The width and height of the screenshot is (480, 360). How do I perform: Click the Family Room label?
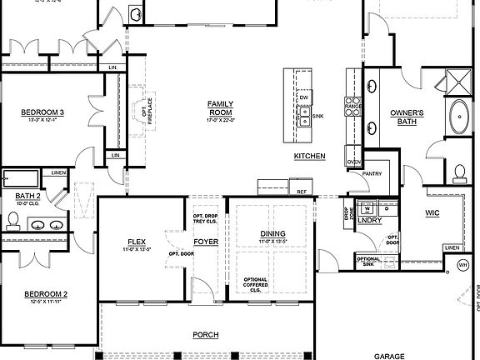click(220, 107)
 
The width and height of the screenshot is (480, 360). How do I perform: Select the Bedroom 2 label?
click(45, 293)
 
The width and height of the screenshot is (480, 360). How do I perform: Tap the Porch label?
click(205, 334)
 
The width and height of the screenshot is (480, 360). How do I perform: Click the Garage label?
click(389, 355)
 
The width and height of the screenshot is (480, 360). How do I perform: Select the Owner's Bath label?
click(407, 117)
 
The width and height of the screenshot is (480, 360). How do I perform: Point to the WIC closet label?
click(432, 213)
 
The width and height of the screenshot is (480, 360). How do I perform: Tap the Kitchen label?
click(309, 157)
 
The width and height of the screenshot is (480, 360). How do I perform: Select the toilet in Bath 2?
click(13, 220)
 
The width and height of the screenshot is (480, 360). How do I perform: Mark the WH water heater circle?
click(463, 266)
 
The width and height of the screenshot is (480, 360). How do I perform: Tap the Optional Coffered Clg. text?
click(256, 285)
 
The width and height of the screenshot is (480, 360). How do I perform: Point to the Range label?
click(352, 107)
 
